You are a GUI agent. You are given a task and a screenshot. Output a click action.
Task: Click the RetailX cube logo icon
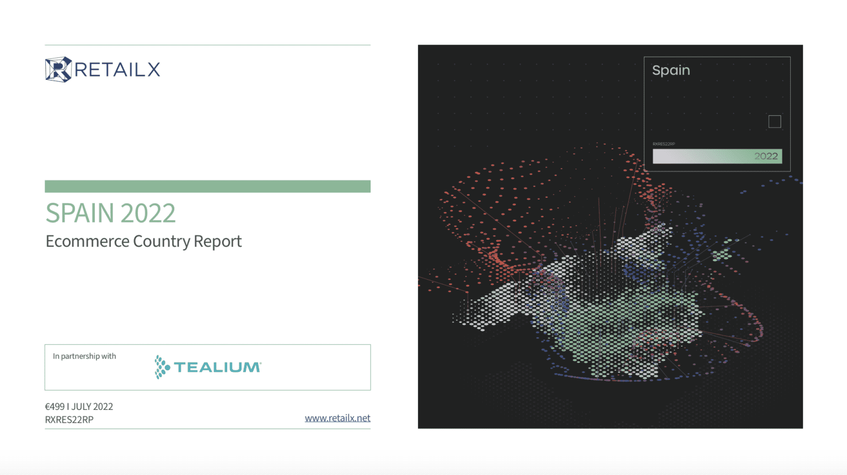[58, 69]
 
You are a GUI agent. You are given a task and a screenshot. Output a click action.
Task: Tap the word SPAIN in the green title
[80, 213]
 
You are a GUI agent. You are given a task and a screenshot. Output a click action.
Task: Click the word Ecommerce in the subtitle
[87, 241]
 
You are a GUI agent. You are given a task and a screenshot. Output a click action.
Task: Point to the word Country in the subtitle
[162, 242]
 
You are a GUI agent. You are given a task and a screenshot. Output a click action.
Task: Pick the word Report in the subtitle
[218, 242]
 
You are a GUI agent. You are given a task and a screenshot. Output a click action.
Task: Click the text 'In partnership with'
[84, 356]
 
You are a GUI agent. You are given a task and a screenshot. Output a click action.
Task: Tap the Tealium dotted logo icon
[162, 367]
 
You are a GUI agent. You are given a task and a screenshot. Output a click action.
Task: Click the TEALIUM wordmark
[217, 368]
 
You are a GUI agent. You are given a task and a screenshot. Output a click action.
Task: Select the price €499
[55, 407]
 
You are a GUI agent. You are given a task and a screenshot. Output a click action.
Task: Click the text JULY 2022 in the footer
[92, 407]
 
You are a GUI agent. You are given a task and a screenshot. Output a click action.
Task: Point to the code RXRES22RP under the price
[69, 420]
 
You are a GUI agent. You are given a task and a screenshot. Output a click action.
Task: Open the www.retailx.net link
[337, 418]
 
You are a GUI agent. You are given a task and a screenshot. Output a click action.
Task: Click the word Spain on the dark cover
[671, 71]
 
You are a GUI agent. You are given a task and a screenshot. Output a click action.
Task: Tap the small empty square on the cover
[775, 122]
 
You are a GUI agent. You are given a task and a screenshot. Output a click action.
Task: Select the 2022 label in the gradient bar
[766, 156]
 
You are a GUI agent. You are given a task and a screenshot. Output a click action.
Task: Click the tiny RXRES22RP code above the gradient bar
[663, 144]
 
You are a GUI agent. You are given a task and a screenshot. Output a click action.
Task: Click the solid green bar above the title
[207, 186]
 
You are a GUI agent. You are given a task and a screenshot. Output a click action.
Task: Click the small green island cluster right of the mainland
[723, 252]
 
